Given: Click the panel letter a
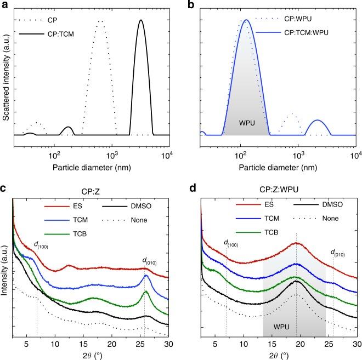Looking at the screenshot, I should point(4,4).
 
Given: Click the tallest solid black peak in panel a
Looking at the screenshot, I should point(141,21).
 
